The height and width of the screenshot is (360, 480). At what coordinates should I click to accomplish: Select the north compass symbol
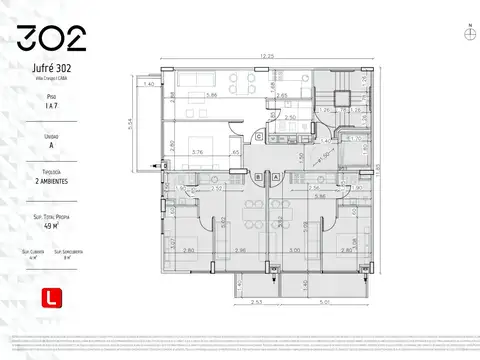pos(470,33)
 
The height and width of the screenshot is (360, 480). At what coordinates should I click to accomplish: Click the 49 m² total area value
pos(51,226)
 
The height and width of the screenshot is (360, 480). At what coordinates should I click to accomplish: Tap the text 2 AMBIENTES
pos(51,183)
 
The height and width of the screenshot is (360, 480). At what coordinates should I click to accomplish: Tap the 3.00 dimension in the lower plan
pos(295,250)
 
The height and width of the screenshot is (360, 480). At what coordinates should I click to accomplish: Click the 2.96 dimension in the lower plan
pos(239,250)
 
